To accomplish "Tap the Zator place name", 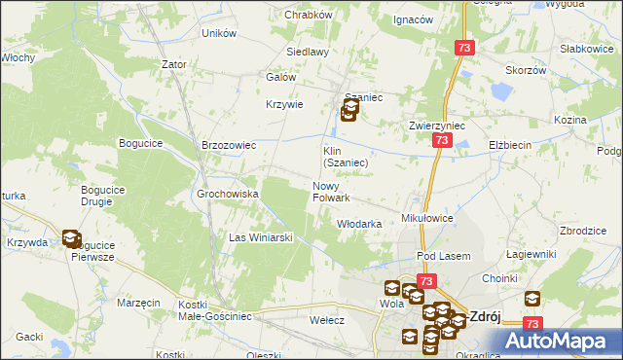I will (x=174, y=64).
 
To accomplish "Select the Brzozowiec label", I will (x=228, y=145).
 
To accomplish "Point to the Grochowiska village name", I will (x=228, y=194).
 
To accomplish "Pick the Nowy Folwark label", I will (x=331, y=192).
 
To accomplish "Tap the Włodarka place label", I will (x=358, y=223).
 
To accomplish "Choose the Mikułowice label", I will (x=427, y=219).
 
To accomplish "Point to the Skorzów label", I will (x=526, y=70).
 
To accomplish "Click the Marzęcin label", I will (x=138, y=303).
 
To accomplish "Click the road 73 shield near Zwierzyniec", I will (x=442, y=141).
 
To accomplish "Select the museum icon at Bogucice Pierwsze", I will (x=71, y=237).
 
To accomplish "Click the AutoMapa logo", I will (x=557, y=341).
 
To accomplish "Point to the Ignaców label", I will (x=412, y=19).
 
